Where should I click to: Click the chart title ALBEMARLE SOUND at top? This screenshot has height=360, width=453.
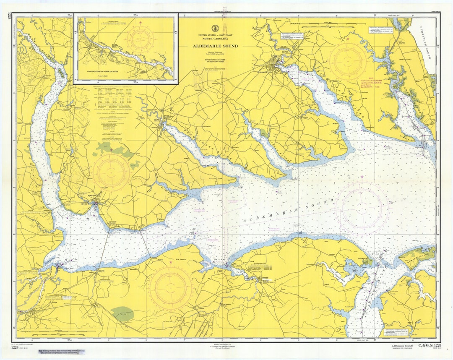pos(215,46)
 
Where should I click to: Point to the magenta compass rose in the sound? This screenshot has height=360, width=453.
pos(362,207)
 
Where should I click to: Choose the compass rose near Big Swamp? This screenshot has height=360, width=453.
pos(171,288)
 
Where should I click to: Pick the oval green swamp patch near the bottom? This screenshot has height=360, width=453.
pos(123,314)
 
